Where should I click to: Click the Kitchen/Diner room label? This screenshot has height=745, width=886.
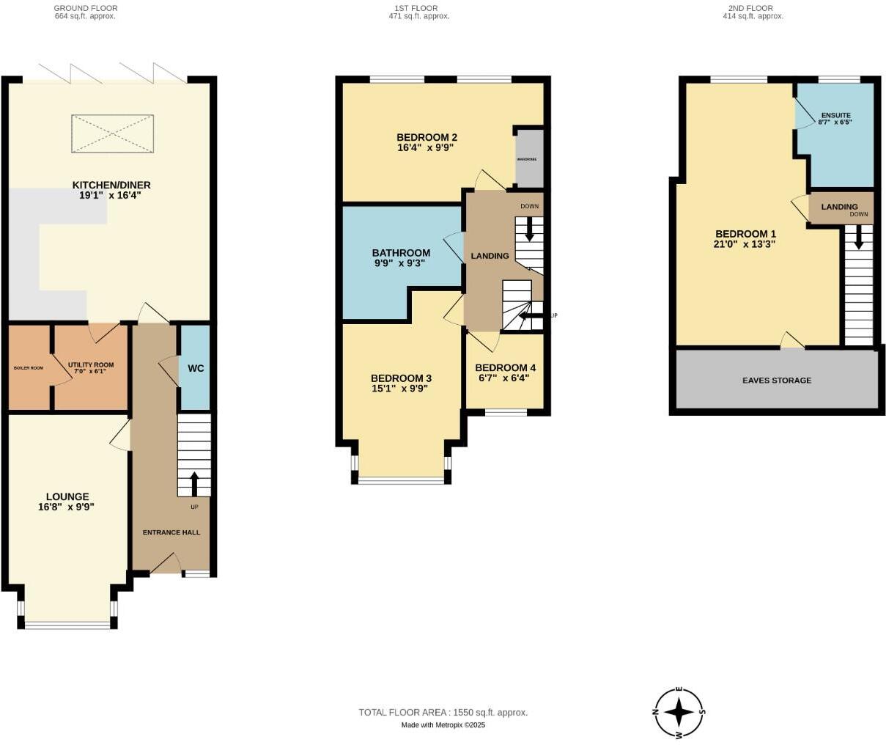(111, 185)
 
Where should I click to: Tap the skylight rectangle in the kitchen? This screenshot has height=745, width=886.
(112, 134)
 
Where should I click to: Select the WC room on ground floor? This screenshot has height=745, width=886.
(195, 368)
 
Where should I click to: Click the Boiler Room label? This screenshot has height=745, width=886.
(29, 367)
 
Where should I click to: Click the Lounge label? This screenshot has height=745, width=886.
(67, 496)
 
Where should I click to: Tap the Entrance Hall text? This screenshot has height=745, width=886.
(171, 532)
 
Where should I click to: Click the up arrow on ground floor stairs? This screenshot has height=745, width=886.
(194, 484)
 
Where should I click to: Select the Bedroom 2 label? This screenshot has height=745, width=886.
(427, 137)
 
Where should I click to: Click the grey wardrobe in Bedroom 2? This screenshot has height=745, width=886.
(529, 158)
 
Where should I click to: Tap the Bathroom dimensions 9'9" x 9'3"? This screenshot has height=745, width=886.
(400, 263)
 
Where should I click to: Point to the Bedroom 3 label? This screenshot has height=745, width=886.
(401, 378)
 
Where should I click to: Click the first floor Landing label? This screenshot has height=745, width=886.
(489, 256)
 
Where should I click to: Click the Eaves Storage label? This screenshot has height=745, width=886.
(776, 381)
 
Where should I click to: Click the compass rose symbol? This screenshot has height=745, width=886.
(679, 712)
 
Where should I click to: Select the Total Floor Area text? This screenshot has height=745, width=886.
(443, 712)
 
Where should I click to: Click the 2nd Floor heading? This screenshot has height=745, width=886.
(753, 8)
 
